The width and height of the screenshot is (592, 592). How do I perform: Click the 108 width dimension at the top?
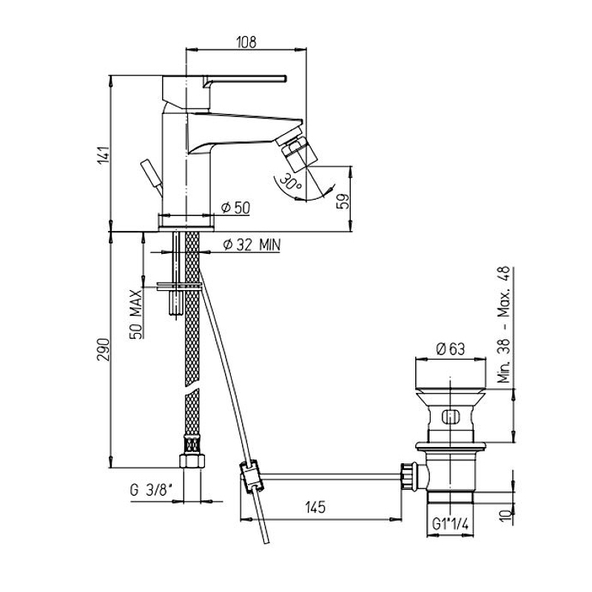pyautogui.click(x=246, y=41)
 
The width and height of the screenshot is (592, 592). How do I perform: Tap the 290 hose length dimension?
pyautogui.click(x=104, y=349)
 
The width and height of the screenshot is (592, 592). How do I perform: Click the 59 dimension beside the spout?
pyautogui.click(x=343, y=201)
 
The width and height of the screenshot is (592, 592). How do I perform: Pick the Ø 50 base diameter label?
pyautogui.click(x=236, y=207)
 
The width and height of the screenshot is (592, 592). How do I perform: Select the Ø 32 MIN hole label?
pyautogui.click(x=252, y=245)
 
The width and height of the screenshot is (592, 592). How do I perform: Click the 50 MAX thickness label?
pyautogui.click(x=136, y=314)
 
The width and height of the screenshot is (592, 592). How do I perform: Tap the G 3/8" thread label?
pyautogui.click(x=151, y=491)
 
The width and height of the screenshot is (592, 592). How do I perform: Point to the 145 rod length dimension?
pyautogui.click(x=316, y=507)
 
